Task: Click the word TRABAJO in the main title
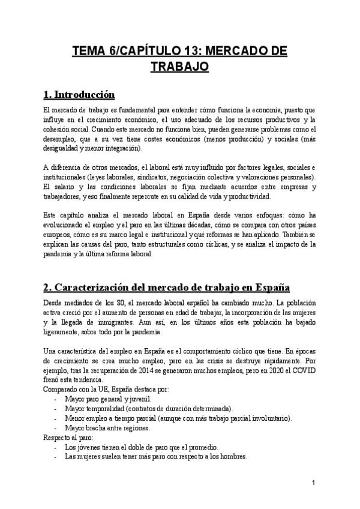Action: pos(179,67)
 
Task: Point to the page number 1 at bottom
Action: pos(313,483)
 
